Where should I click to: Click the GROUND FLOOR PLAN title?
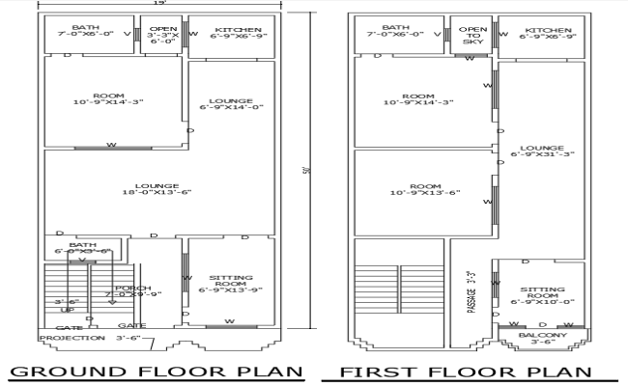[x=156, y=372]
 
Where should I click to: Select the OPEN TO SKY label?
[x=472, y=36]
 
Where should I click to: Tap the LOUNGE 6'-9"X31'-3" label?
[x=544, y=149]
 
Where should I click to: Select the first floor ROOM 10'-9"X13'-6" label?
[x=418, y=190]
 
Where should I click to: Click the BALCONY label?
[x=542, y=337]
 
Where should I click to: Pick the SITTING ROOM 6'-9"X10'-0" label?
[x=542, y=294]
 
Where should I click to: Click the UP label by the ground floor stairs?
[x=68, y=310]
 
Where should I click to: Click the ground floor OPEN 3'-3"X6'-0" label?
[x=160, y=36]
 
